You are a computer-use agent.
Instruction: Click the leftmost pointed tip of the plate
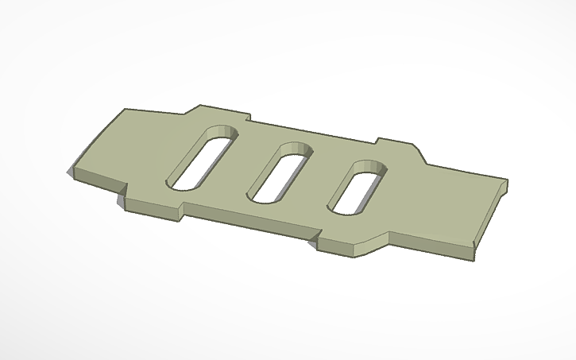[x=70, y=171]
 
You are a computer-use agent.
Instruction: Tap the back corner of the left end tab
[x=125, y=110]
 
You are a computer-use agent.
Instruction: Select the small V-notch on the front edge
[x=312, y=236]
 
